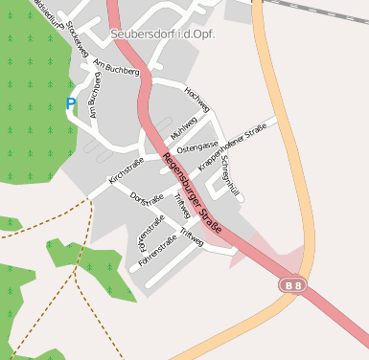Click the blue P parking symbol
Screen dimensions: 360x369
point(71,102)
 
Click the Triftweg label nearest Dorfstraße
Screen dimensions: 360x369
point(182,204)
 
